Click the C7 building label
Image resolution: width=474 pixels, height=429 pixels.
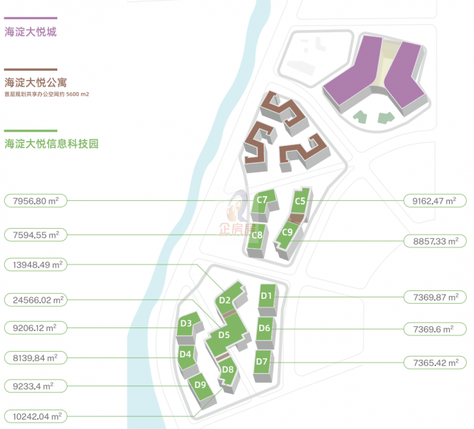point(262,200)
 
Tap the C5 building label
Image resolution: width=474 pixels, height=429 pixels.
point(300,201)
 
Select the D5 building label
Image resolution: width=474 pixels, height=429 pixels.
point(224,335)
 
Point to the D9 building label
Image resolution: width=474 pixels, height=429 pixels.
point(200,385)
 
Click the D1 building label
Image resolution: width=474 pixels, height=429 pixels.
point(266,296)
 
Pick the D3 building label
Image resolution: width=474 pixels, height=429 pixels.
point(186,323)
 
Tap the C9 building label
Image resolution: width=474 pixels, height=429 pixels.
point(287,232)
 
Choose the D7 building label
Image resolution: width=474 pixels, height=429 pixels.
point(261,361)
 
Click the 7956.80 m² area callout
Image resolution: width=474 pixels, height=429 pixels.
point(36,201)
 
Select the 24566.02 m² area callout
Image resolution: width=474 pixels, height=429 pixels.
point(36,300)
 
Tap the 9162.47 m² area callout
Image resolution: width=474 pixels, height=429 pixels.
point(435,201)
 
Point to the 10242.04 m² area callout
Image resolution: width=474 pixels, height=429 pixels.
point(36,417)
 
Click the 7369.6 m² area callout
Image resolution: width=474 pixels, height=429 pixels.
point(435,329)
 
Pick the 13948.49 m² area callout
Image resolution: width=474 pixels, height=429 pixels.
point(36,265)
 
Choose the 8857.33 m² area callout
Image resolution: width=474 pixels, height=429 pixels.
point(435,241)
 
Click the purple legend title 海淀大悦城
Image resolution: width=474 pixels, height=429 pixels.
point(31,31)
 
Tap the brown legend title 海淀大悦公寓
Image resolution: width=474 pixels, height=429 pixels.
point(36,82)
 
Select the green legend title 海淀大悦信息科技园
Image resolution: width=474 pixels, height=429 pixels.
point(52,144)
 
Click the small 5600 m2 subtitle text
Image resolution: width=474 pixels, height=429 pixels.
point(77,94)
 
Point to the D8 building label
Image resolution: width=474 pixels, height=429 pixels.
point(228,370)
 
